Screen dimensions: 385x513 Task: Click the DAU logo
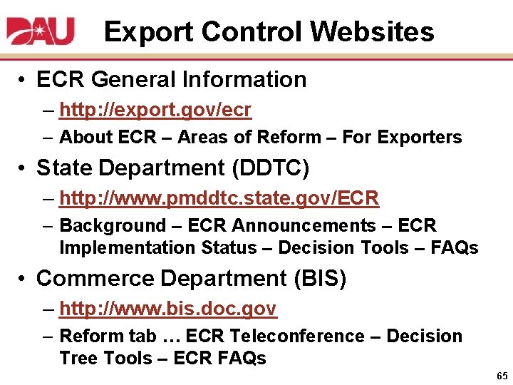click(41, 31)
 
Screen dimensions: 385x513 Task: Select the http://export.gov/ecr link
click(155, 111)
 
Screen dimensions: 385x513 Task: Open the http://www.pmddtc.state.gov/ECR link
click(219, 198)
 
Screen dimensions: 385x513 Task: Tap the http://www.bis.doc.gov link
click(168, 309)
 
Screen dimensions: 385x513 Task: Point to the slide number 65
click(502, 375)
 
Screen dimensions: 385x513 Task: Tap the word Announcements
click(315, 226)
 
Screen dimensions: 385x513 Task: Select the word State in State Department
click(62, 168)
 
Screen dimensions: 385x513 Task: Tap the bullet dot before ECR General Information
click(24, 79)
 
